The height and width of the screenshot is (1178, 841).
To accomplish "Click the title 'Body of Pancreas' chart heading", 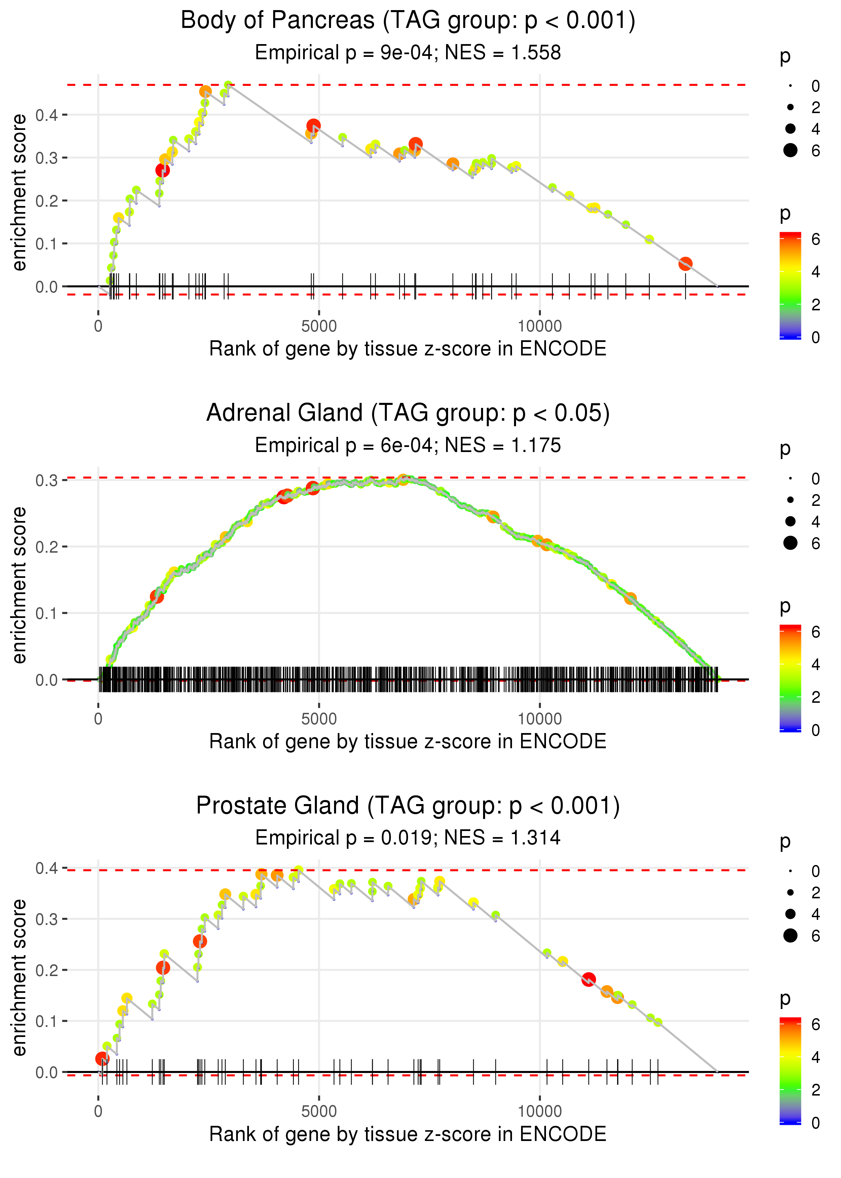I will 408,21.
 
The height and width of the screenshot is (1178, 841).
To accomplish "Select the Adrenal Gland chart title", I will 408,413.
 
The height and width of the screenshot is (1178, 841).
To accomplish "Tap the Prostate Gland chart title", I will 408,806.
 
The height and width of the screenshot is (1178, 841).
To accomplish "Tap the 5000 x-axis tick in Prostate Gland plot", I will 319,1112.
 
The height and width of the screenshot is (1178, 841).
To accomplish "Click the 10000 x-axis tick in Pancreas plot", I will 540,326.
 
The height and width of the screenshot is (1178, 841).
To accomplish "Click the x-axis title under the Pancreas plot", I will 408,349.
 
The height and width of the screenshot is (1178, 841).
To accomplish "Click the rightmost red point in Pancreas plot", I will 685,264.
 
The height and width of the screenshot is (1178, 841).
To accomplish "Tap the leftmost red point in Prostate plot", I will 102,1058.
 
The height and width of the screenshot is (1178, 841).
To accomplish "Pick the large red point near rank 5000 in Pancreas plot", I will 313,126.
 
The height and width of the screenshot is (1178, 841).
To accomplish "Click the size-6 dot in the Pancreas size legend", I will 790,150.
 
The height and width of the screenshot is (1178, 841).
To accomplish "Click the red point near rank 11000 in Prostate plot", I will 588,979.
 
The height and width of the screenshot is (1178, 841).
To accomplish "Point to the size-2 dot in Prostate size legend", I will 790,893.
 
